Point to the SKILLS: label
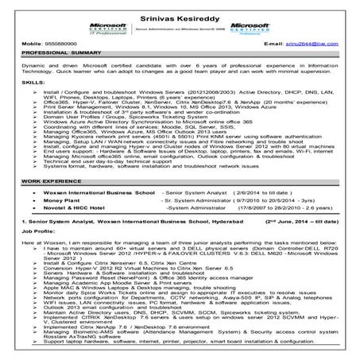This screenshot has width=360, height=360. pyautogui.click(x=14, y=83)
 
